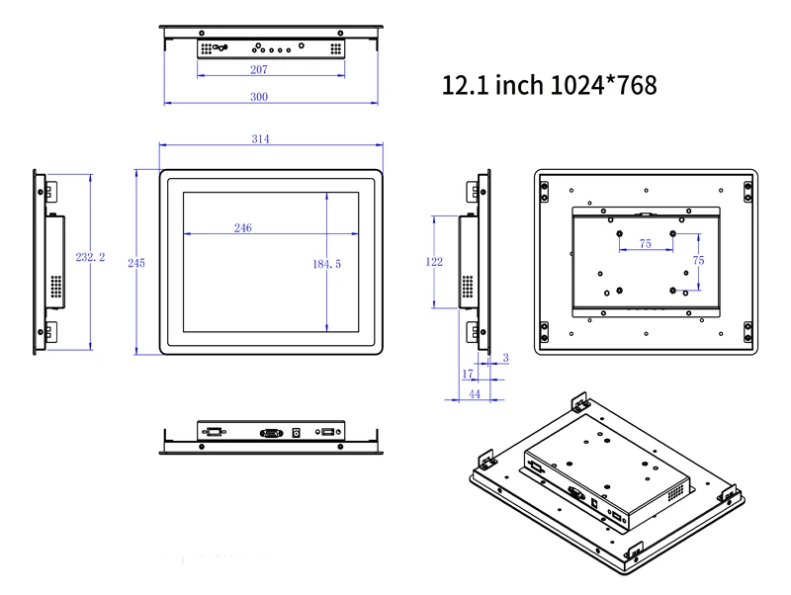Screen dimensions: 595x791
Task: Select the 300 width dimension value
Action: [x=259, y=97]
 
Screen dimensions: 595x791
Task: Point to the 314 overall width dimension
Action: [x=260, y=139]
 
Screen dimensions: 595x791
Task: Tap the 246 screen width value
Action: [x=242, y=228]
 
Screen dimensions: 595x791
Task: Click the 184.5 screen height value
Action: [x=326, y=264]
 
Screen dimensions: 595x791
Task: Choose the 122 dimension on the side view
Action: [x=433, y=262]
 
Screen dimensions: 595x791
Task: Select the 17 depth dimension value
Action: [x=468, y=374]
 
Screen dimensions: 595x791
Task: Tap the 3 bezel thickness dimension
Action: [x=505, y=358]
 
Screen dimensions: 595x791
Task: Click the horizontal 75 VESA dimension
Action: [x=645, y=243]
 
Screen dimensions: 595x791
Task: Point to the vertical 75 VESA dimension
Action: [x=698, y=261]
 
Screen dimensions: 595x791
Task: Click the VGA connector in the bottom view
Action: [x=270, y=432]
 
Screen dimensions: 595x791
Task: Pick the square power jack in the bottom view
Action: [x=298, y=432]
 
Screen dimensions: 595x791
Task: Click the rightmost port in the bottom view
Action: [x=327, y=432]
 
